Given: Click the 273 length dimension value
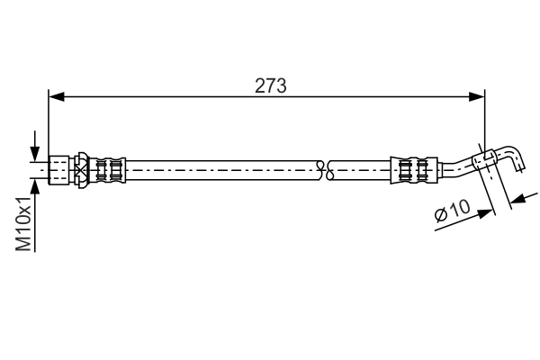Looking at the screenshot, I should [x=271, y=85].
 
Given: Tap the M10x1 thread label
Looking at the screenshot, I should [x=26, y=226].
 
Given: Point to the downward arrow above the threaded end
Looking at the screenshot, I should [x=35, y=150].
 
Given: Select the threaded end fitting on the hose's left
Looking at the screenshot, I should [x=60, y=168].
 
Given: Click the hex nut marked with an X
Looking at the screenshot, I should [x=81, y=168].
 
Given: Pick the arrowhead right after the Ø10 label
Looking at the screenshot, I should [x=487, y=211].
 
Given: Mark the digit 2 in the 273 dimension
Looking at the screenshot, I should [x=260, y=85].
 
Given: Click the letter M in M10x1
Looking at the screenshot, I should [x=26, y=242].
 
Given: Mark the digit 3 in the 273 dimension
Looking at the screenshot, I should [x=282, y=85].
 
